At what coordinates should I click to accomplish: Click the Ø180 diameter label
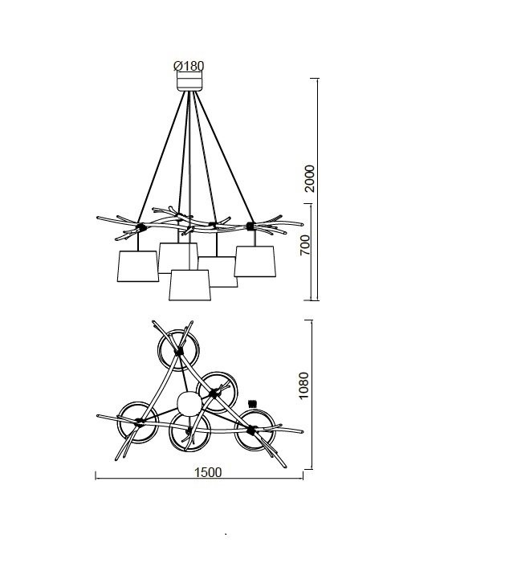tap(189, 66)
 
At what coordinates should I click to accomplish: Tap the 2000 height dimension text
tap(309, 178)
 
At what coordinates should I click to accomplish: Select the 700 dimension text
tap(305, 245)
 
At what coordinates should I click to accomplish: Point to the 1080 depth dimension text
tap(303, 385)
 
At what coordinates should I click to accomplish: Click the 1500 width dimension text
tap(207, 472)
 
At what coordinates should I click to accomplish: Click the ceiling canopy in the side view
tap(189, 81)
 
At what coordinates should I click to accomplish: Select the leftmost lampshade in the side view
tap(137, 266)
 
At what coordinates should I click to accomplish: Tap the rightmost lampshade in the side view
tap(255, 261)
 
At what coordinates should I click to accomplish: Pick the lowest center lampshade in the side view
tap(189, 285)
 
